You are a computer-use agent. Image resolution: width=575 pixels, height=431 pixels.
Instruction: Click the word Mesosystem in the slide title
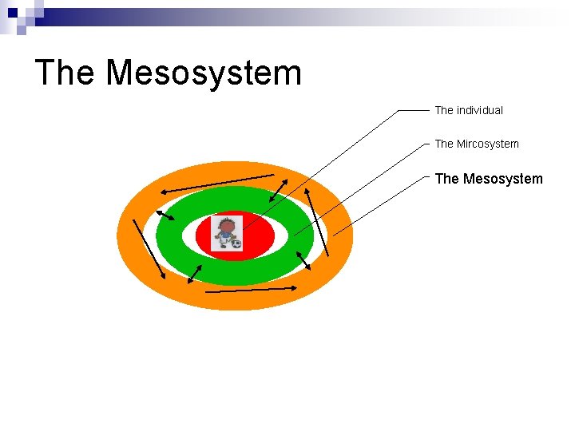tap(204, 73)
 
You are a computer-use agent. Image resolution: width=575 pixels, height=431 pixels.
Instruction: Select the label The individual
tap(469, 110)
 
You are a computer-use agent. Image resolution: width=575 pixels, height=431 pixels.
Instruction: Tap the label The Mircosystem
tap(477, 144)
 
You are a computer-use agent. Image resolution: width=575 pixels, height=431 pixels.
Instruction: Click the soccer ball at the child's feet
tap(236, 243)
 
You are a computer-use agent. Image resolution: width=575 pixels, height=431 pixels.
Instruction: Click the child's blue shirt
tap(227, 236)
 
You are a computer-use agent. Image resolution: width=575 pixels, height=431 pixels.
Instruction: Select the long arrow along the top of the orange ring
tap(216, 183)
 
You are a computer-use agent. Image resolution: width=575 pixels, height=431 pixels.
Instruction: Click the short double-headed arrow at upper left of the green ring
tap(165, 215)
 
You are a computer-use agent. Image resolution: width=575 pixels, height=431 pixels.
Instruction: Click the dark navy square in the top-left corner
tap(12, 14)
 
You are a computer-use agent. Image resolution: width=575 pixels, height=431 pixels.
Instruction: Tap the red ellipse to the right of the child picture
tap(259, 235)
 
